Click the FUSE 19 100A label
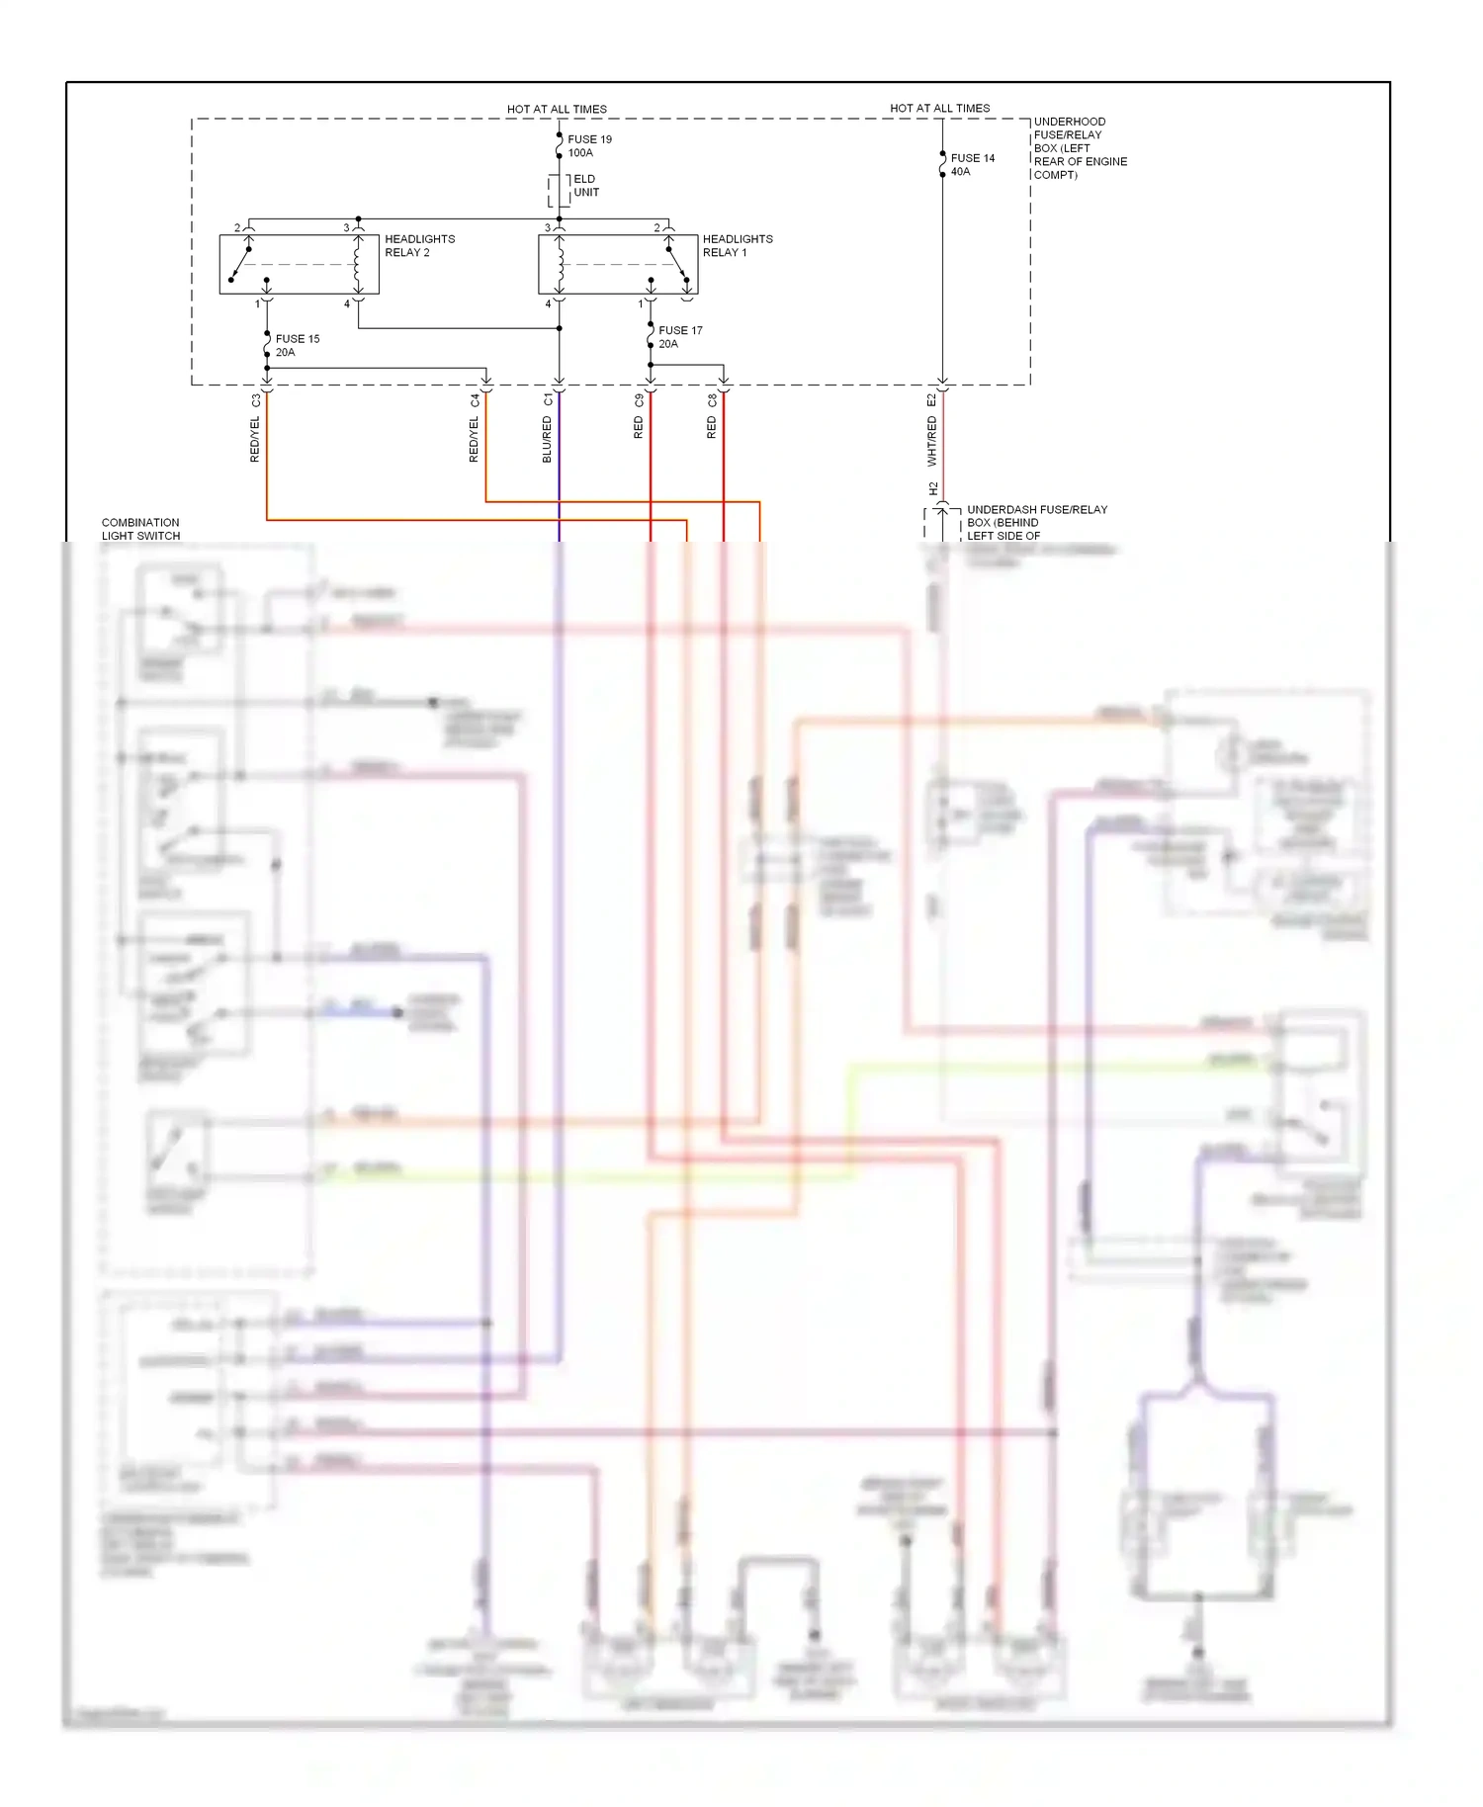(589, 146)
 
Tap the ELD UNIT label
(585, 186)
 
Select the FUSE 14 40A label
(972, 165)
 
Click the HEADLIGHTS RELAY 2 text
(419, 245)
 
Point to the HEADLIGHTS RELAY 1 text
(737, 245)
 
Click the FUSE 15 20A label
(297, 345)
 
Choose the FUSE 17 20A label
(679, 337)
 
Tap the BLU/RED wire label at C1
(547, 439)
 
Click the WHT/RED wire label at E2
(931, 441)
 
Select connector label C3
(255, 400)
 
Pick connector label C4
(475, 400)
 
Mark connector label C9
(639, 400)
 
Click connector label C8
(712, 400)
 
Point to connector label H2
(932, 488)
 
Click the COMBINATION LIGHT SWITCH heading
(140, 529)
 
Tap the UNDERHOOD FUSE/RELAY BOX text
(1080, 148)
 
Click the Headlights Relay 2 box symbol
(299, 264)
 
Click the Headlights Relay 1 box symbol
(618, 264)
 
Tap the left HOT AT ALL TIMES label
(557, 109)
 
